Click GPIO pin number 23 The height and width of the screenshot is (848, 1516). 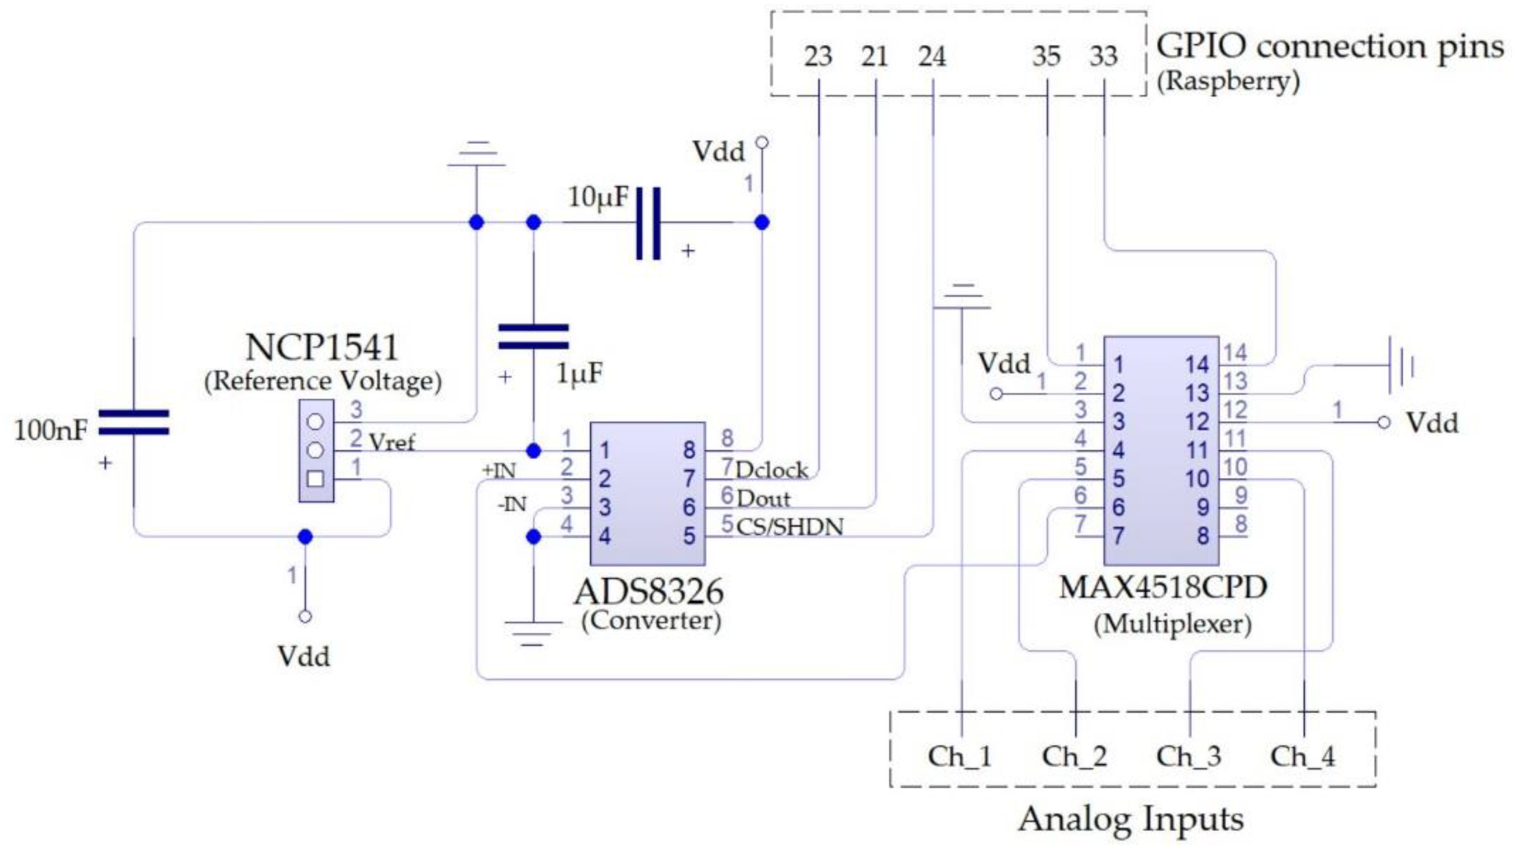(818, 56)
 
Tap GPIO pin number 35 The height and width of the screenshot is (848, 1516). (1046, 56)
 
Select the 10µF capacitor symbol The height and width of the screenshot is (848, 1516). (648, 223)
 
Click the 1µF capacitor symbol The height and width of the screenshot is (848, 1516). (533, 337)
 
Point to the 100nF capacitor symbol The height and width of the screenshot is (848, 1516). (134, 422)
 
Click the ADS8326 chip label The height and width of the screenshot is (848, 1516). (648, 591)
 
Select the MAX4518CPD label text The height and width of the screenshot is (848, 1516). (1162, 587)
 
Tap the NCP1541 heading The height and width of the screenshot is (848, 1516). (321, 348)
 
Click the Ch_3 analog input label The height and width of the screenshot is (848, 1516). (1189, 756)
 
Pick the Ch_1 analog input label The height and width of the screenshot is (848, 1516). (960, 756)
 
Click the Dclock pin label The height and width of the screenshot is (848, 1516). (772, 471)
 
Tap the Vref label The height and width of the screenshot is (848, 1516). (391, 442)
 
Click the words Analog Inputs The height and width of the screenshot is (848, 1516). (1130, 819)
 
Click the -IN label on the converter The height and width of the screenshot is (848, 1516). (511, 505)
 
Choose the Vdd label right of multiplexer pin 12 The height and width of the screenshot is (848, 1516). (1432, 423)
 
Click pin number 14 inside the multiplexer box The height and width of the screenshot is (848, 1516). (1196, 365)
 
